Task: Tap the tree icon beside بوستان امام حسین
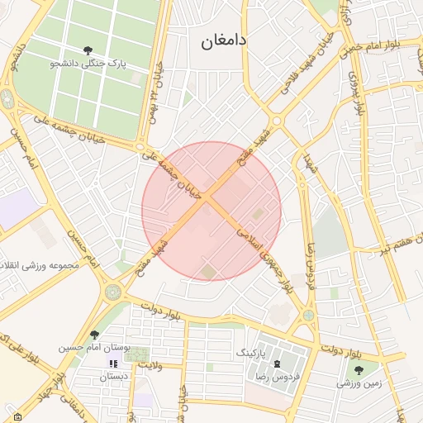coord(95,335)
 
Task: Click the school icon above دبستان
coord(113,364)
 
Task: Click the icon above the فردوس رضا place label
coord(277,364)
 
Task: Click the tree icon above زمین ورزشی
coord(358,370)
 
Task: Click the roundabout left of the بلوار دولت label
coord(112,292)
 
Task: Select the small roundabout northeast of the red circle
coord(276,121)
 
